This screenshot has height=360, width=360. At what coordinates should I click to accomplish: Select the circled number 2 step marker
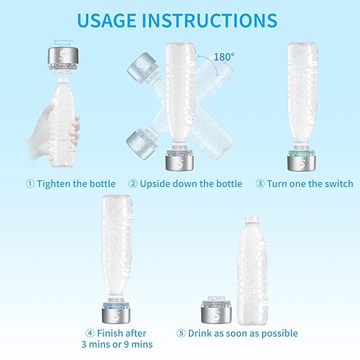click(x=132, y=183)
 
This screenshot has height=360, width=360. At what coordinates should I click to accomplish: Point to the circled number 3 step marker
click(x=260, y=183)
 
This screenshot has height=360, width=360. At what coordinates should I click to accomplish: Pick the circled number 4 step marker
click(x=90, y=333)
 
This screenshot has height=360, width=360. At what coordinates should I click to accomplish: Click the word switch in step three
click(x=337, y=183)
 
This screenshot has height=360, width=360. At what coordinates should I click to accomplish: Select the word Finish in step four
click(x=114, y=333)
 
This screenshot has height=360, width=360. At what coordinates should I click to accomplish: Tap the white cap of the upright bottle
click(x=254, y=227)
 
